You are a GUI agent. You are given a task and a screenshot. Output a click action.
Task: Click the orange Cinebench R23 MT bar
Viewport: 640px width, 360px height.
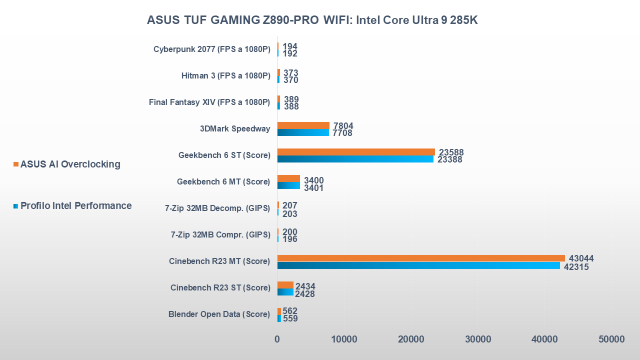point(421,258)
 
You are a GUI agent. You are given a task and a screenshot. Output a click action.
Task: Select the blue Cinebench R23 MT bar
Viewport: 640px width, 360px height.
point(418,265)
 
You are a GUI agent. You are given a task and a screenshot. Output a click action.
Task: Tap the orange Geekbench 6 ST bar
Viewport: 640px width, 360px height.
point(356,152)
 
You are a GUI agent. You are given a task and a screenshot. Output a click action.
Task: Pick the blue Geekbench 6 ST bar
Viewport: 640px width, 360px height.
point(355,159)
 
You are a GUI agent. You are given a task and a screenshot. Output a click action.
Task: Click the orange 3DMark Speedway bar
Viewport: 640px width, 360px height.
point(303,125)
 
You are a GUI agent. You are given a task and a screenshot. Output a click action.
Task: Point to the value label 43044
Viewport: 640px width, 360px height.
point(581,258)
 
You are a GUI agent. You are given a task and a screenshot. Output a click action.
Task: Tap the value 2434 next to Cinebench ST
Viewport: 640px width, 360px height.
point(305,287)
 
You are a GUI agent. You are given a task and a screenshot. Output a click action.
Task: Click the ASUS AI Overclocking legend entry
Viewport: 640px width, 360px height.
point(70,164)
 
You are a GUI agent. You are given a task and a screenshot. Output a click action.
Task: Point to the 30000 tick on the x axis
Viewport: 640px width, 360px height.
point(478,339)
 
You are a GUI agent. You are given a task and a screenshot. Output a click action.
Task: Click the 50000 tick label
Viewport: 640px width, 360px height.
point(611,339)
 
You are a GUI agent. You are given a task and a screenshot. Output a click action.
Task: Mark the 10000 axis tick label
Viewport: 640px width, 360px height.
point(344,339)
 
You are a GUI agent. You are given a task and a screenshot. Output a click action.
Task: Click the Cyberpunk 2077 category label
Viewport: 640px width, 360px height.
point(211,49)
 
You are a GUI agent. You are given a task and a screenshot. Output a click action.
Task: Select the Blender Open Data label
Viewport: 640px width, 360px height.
point(219,314)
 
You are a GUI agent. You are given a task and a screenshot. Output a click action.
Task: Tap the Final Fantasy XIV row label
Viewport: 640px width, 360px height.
point(209,102)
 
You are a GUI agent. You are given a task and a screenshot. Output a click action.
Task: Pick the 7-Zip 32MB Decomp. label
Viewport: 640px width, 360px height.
point(217,208)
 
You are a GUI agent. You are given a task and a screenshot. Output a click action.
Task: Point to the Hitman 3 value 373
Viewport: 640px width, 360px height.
point(290,73)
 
